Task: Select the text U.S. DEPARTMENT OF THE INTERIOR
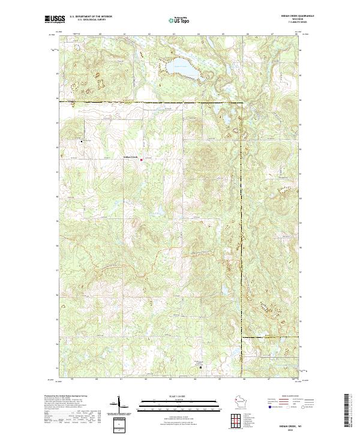click(x=91, y=16)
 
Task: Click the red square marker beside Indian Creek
click(x=142, y=159)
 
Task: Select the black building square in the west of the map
click(x=82, y=142)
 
